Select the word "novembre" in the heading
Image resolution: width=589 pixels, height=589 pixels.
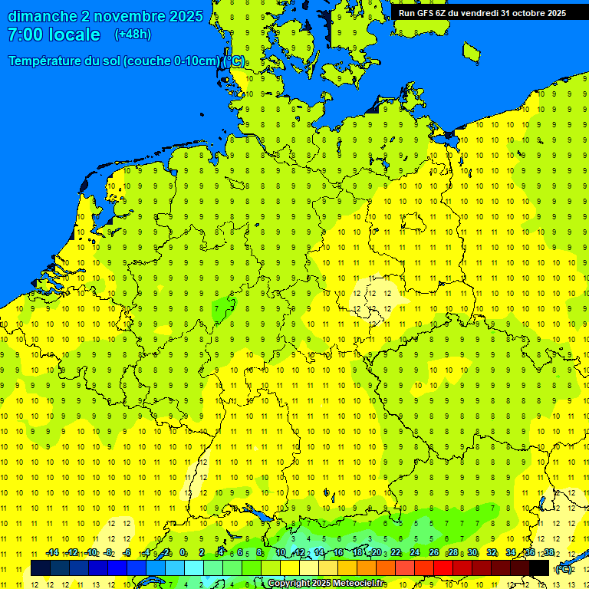coord(123,16)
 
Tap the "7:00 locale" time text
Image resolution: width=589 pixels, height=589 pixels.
coord(54,35)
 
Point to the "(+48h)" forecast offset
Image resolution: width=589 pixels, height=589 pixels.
coord(133,35)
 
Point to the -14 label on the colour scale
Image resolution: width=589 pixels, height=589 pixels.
coord(52,553)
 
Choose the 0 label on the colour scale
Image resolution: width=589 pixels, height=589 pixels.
coord(183,553)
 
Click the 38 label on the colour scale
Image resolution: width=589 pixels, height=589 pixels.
coord(549,553)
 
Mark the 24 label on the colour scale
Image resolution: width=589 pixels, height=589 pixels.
coord(415,553)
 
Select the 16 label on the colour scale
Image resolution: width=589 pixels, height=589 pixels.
coord(338,553)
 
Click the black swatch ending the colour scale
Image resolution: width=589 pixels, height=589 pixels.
coord(539,568)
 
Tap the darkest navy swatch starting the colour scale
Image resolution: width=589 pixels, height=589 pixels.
coord(41,568)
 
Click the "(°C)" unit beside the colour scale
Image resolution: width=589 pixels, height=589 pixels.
coord(563,568)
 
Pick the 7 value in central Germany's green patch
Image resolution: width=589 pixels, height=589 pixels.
coord(218,308)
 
